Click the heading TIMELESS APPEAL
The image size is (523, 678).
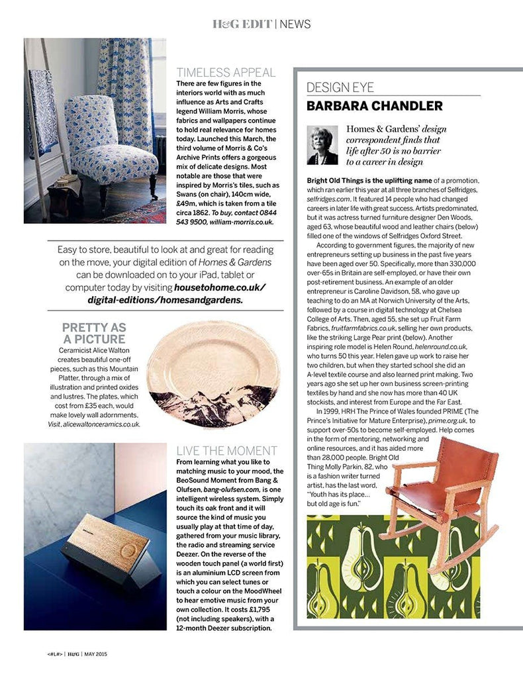click(226, 73)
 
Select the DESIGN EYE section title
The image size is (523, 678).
click(340, 87)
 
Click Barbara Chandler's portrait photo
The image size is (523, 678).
click(322, 146)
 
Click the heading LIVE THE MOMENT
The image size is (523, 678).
click(224, 451)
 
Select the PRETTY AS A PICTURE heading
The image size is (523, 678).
click(93, 333)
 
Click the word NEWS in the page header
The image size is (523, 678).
click(295, 24)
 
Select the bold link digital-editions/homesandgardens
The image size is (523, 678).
click(165, 299)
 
